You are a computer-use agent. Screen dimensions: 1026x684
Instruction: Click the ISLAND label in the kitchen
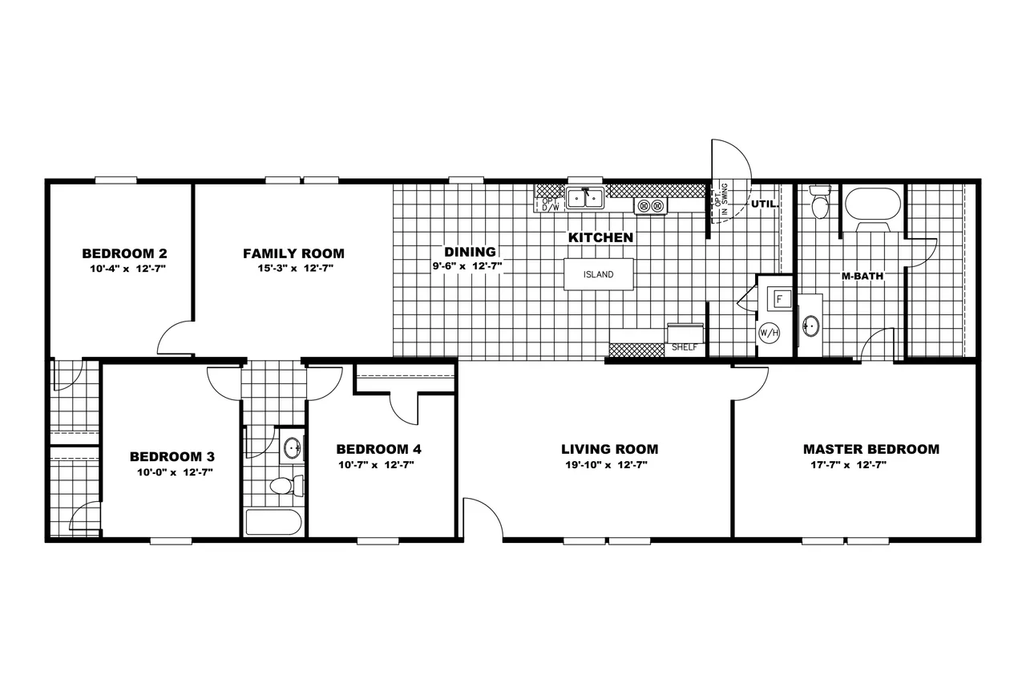(598, 274)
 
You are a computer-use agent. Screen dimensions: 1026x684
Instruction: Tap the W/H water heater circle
(769, 333)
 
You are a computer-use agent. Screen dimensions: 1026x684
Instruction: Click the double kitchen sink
(585, 198)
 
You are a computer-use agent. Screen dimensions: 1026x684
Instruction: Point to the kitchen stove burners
(650, 206)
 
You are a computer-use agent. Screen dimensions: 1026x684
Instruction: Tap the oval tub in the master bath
(873, 204)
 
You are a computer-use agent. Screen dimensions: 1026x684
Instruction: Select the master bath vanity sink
(810, 326)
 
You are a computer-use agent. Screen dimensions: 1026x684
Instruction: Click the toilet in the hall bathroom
(287, 486)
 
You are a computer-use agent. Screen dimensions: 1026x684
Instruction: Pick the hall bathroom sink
(293, 447)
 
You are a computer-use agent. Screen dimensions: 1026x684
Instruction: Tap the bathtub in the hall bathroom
(273, 522)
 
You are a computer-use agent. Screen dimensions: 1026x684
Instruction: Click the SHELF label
(685, 347)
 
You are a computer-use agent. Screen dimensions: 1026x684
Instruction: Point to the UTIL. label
(765, 204)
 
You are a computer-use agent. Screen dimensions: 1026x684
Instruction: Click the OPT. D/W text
(551, 204)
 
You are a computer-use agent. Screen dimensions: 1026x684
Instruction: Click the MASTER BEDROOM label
(871, 449)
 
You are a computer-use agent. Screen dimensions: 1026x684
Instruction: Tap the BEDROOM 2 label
(124, 253)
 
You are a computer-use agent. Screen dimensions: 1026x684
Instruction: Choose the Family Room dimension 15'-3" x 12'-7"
(296, 268)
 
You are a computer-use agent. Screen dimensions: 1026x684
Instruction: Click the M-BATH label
(862, 277)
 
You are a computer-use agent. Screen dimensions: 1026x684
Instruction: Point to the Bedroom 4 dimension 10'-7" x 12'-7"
(376, 465)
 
